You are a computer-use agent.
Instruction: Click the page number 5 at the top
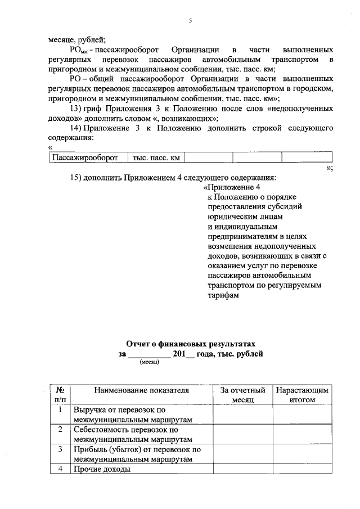(190, 21)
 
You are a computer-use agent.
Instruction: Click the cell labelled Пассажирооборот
(85, 157)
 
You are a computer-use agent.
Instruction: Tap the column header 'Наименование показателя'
(141, 389)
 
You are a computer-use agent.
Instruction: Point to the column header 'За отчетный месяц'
(242, 394)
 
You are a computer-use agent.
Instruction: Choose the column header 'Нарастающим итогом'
(301, 394)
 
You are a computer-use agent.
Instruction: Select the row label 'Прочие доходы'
(102, 469)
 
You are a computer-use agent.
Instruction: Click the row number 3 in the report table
(60, 449)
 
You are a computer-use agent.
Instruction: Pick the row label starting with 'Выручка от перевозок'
(133, 415)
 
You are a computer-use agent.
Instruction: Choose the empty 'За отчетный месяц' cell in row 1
(242, 415)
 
